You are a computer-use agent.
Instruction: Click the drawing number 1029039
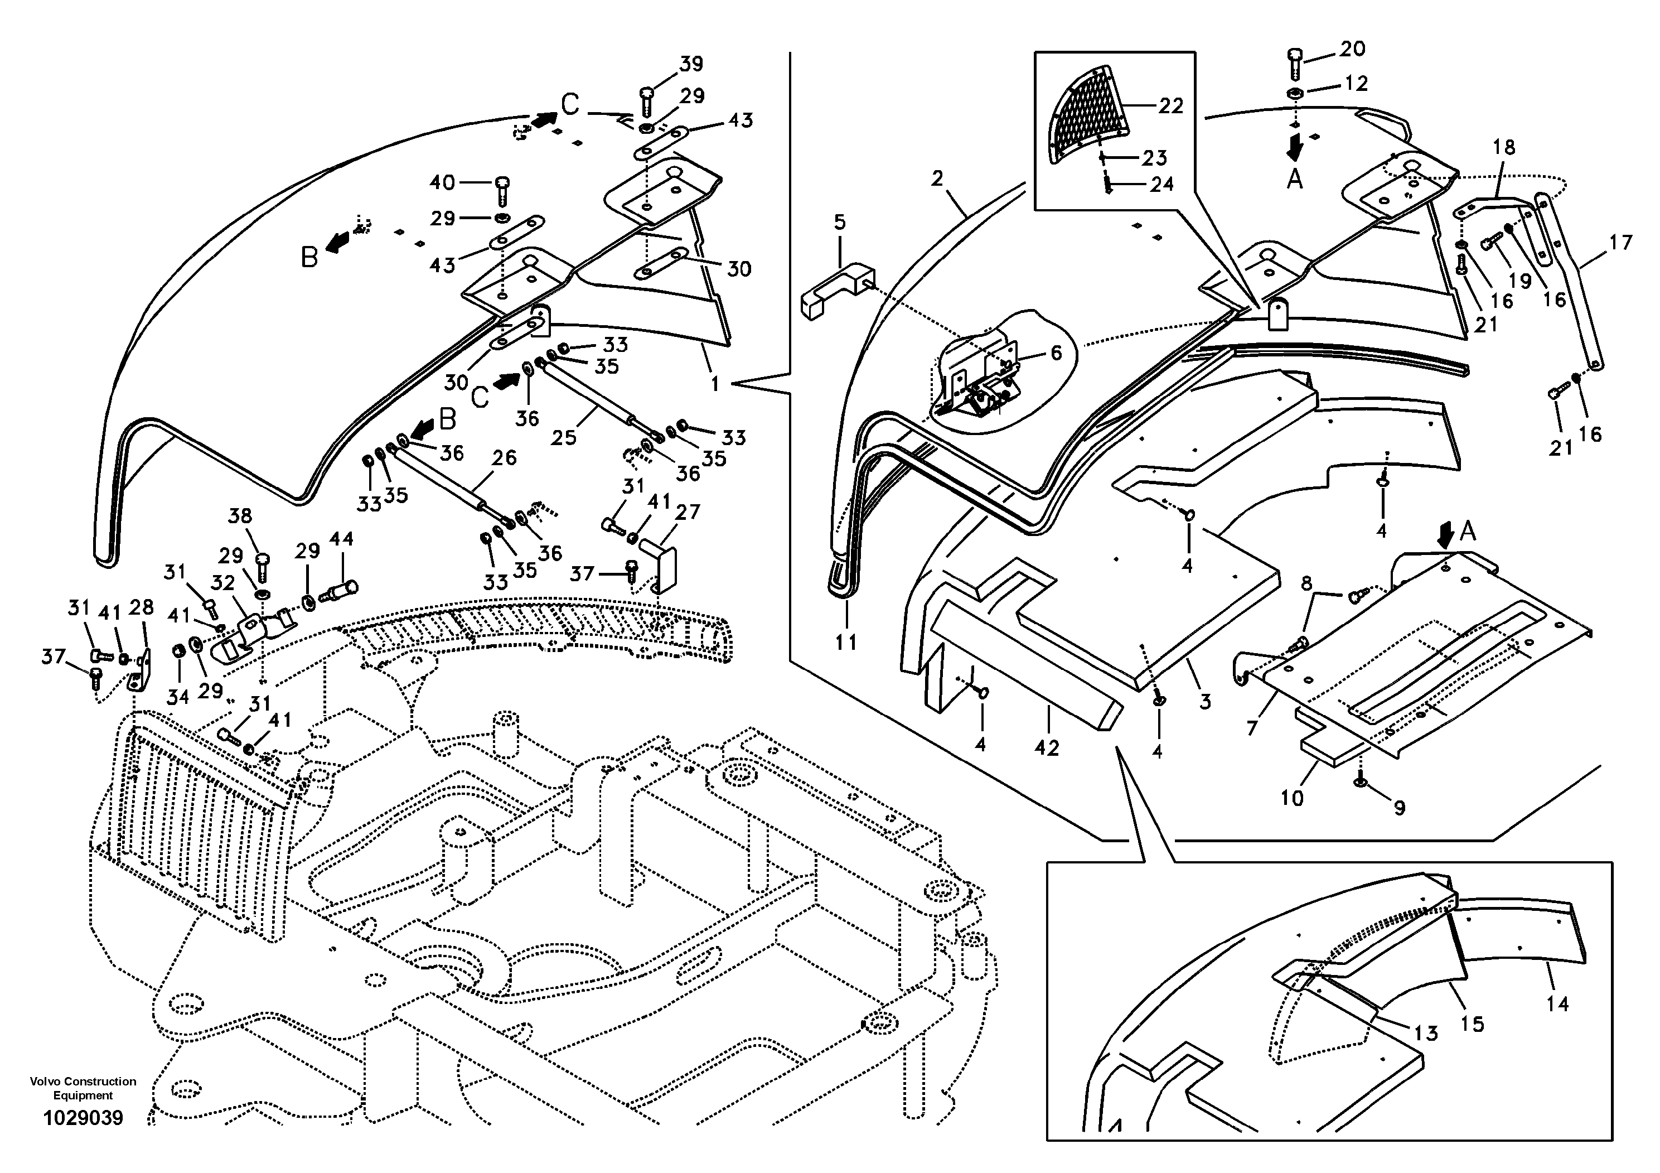(x=83, y=1117)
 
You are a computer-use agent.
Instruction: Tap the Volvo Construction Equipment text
(x=83, y=1088)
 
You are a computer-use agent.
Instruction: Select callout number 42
(x=1046, y=748)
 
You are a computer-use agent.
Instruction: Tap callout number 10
(x=1291, y=798)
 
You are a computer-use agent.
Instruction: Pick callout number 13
(x=1426, y=1032)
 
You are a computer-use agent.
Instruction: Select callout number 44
(x=341, y=539)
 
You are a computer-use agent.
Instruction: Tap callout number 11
(x=846, y=641)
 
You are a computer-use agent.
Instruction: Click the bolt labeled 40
(x=503, y=190)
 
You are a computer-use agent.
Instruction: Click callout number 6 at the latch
(x=1056, y=353)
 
